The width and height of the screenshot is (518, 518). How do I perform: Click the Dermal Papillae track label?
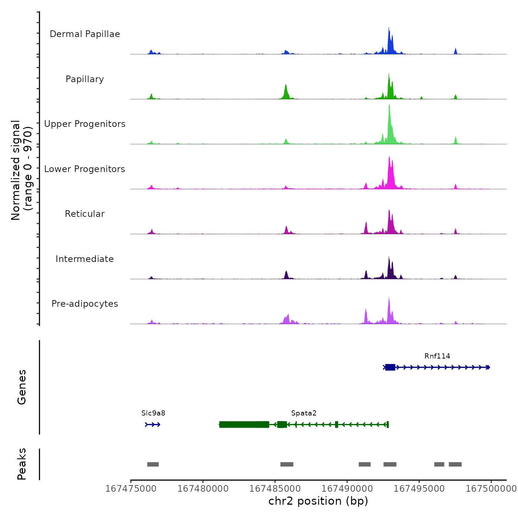[85, 34]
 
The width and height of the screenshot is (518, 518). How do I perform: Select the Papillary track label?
[85, 79]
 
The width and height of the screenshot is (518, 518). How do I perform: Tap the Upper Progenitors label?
[85, 124]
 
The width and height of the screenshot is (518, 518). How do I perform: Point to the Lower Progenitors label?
[85, 169]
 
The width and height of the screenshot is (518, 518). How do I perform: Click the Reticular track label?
[85, 214]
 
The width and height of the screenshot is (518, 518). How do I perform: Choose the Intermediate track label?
[85, 259]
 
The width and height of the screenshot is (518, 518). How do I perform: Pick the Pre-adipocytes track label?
[85, 304]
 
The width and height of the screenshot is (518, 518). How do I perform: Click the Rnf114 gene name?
[437, 356]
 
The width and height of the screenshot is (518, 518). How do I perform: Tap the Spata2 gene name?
[304, 413]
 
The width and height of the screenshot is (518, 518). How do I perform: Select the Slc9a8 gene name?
[153, 413]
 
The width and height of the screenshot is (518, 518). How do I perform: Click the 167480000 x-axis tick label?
[203, 489]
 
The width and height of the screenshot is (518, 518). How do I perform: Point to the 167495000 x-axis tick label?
[419, 489]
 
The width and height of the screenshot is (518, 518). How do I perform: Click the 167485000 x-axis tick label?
[275, 489]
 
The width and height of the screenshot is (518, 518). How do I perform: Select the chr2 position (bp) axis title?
[318, 501]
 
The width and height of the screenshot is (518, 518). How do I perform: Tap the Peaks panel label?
[22, 464]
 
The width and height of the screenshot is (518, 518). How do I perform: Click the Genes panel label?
[22, 387]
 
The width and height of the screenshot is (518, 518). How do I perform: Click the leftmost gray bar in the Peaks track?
[153, 464]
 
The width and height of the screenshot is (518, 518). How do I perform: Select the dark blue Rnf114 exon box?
[390, 367]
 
